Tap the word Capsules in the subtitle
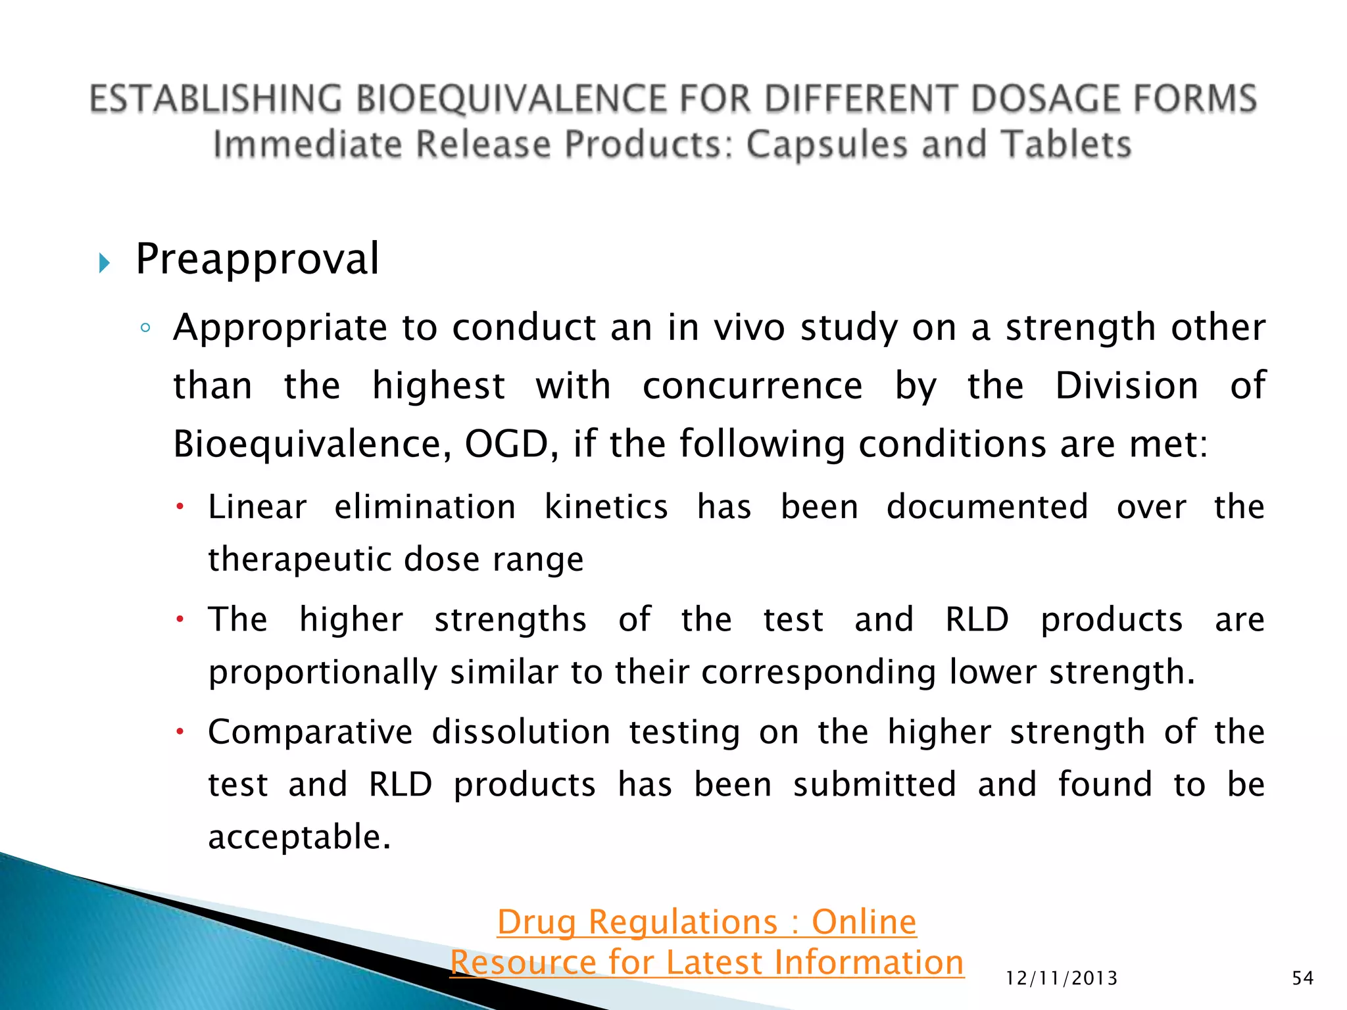coord(828,145)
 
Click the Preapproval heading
coord(257,259)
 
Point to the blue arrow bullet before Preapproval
coord(104,264)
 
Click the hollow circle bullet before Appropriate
coord(146,327)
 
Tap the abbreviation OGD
coord(506,444)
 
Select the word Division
coord(1127,385)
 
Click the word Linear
coord(257,508)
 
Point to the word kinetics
coord(606,508)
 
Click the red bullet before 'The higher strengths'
coord(180,619)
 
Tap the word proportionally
coord(322,673)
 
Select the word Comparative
coord(310,733)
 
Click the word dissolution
coord(521,733)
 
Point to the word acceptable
coord(299,837)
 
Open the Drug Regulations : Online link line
coord(706,922)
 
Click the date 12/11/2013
coord(1062,978)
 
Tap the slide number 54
coord(1302,978)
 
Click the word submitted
coord(874,784)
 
